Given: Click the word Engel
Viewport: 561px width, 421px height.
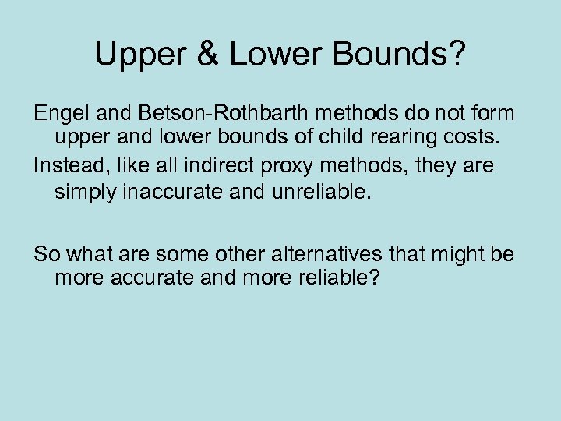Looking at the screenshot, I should tap(58, 114).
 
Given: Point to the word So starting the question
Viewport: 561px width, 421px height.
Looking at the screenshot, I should tap(46, 253).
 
